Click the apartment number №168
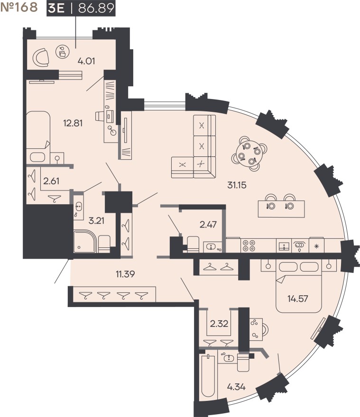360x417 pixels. [19, 9]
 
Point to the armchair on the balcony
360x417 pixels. [41, 58]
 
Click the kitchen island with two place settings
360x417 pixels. [281, 206]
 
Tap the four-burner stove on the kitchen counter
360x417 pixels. [249, 245]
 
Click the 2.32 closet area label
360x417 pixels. [219, 325]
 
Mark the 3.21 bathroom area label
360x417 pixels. [96, 219]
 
